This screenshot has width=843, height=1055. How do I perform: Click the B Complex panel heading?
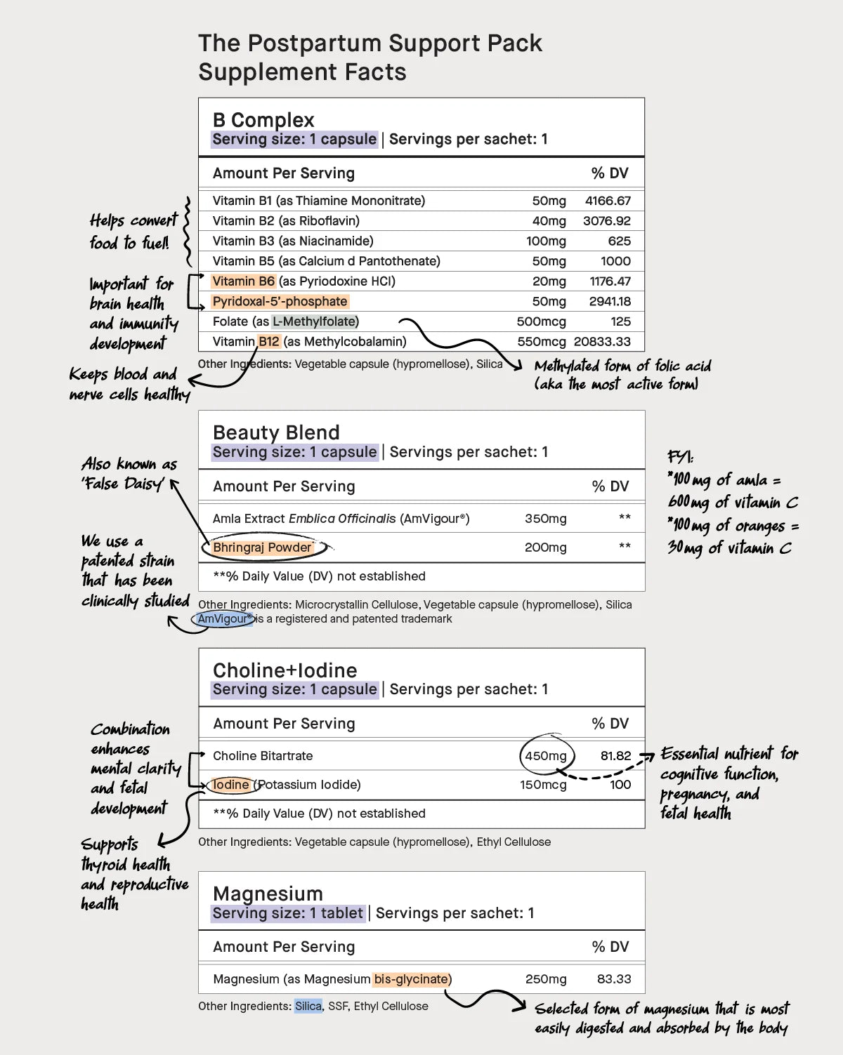tap(263, 120)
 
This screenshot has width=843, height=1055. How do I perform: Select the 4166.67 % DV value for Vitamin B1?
tap(608, 201)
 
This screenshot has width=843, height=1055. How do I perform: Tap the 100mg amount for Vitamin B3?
tap(546, 241)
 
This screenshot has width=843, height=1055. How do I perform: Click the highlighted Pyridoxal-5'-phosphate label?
tap(280, 301)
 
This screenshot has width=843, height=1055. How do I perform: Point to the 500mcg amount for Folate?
tap(541, 321)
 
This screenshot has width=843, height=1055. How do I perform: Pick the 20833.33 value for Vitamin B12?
tap(602, 342)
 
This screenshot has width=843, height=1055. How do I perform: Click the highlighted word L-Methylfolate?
tap(315, 321)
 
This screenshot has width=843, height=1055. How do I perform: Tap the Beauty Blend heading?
tap(276, 432)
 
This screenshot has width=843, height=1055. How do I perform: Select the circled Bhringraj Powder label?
tap(262, 548)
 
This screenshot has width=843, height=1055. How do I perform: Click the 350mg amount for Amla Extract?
tap(545, 519)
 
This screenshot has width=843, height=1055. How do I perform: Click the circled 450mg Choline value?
tap(546, 756)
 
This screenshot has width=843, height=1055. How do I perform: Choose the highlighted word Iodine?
tap(230, 785)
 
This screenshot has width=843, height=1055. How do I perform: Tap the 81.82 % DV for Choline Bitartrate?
tap(615, 756)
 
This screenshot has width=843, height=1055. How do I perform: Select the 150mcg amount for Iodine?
tap(543, 785)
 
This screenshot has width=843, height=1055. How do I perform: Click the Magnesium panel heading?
tap(268, 894)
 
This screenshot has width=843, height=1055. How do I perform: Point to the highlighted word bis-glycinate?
tap(411, 979)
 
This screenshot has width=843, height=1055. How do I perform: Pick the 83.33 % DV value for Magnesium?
tap(614, 979)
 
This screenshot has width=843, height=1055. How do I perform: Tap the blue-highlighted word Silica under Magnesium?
tap(308, 1007)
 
